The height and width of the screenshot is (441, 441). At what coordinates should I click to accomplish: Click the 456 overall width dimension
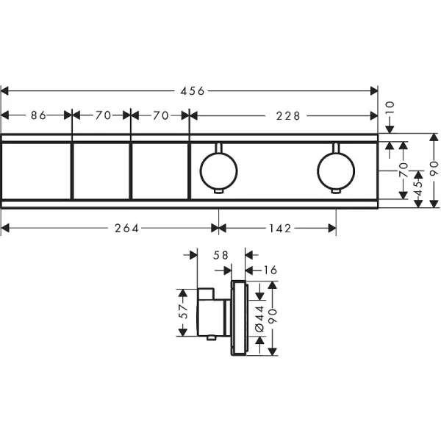pos(193,91)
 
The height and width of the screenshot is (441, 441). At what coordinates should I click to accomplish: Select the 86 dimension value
pos(38,115)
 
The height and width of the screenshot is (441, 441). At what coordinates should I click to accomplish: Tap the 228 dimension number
pos(288,116)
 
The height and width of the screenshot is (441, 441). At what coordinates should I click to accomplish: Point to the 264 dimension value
pos(127,229)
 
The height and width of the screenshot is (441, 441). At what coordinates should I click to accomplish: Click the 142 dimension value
pos(281,229)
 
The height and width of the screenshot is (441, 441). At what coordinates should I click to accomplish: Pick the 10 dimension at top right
pos(390,109)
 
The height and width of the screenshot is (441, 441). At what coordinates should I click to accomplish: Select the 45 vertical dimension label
pos(419,188)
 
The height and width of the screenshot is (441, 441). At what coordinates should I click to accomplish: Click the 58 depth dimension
pos(220,255)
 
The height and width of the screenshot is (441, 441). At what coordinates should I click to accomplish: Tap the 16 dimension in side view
pos(270,270)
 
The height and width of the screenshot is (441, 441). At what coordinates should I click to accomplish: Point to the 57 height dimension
pos(183,312)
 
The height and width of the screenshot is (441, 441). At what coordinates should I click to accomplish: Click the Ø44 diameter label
pos(260,319)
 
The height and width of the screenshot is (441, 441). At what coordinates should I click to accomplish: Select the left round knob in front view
pos(218,171)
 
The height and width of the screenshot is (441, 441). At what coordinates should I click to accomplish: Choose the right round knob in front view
pos(336,171)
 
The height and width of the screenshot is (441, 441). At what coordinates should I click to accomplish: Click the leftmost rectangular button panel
pos(36,171)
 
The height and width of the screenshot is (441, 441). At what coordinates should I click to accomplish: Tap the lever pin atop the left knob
pos(218,148)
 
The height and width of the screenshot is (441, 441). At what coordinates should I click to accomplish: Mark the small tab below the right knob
pos(336,191)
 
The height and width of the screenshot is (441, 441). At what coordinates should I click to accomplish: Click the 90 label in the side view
pos(273,315)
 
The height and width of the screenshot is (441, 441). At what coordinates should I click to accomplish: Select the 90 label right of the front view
pos(434,168)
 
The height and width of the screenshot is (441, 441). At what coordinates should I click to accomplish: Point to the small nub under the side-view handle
pos(211,338)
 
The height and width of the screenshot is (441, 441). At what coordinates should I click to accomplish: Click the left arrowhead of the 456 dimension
pos(5,91)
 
